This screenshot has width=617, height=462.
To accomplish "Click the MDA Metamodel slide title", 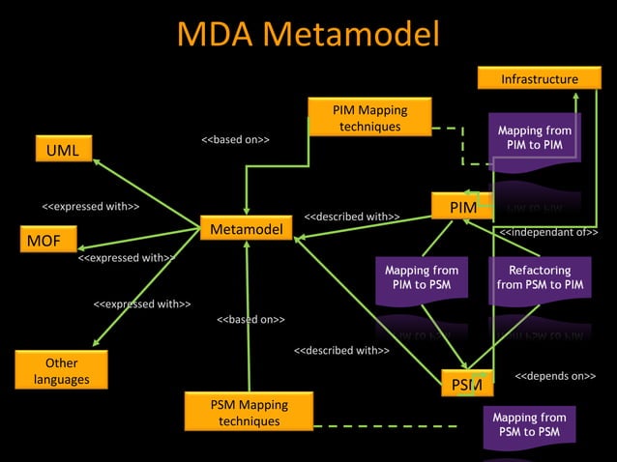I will click(308, 36).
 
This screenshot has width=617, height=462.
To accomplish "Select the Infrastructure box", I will click(539, 79).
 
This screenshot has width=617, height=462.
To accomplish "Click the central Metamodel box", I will click(247, 229).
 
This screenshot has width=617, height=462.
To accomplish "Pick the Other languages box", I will click(61, 371).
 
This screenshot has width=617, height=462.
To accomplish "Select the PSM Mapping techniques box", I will click(249, 413).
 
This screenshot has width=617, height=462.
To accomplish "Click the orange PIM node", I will click(463, 209).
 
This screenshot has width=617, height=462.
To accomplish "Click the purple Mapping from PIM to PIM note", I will click(534, 138).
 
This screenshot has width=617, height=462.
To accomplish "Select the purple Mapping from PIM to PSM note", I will click(421, 278).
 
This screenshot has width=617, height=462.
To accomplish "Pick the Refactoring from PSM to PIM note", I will click(539, 278).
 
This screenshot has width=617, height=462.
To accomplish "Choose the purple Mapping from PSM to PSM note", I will click(528, 425).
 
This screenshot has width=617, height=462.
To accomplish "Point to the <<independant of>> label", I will click(548, 233).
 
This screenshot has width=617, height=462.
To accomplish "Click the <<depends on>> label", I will click(554, 375).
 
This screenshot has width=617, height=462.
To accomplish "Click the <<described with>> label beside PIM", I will click(352, 217).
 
